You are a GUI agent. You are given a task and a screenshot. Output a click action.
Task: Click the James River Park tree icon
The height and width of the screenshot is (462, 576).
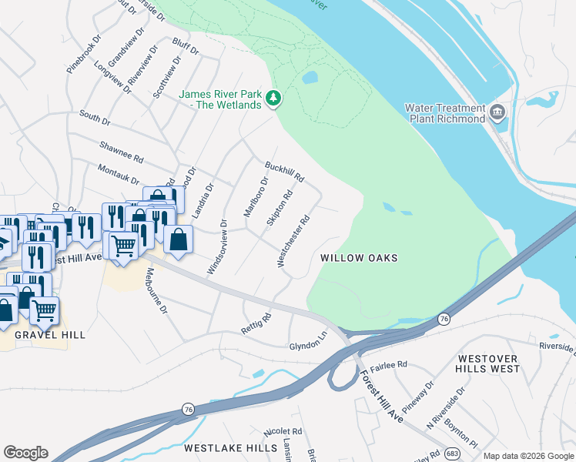click(273, 99)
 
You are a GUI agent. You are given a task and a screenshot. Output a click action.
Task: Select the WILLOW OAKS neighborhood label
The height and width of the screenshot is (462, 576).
click(359, 258)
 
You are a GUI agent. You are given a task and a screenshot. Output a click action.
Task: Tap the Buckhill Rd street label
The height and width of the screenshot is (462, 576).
click(285, 172)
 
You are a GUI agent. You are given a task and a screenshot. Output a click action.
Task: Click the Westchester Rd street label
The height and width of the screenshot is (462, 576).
click(293, 241)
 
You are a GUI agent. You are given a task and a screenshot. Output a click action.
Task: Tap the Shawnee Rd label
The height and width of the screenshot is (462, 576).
click(122, 152)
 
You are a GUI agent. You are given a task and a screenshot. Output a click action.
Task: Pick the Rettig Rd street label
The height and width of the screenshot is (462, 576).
click(256, 321)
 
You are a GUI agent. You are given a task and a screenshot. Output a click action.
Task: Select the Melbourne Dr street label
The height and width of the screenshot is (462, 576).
click(156, 290)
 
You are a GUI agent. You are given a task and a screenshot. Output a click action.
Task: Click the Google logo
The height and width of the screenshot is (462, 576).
click(25, 453)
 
